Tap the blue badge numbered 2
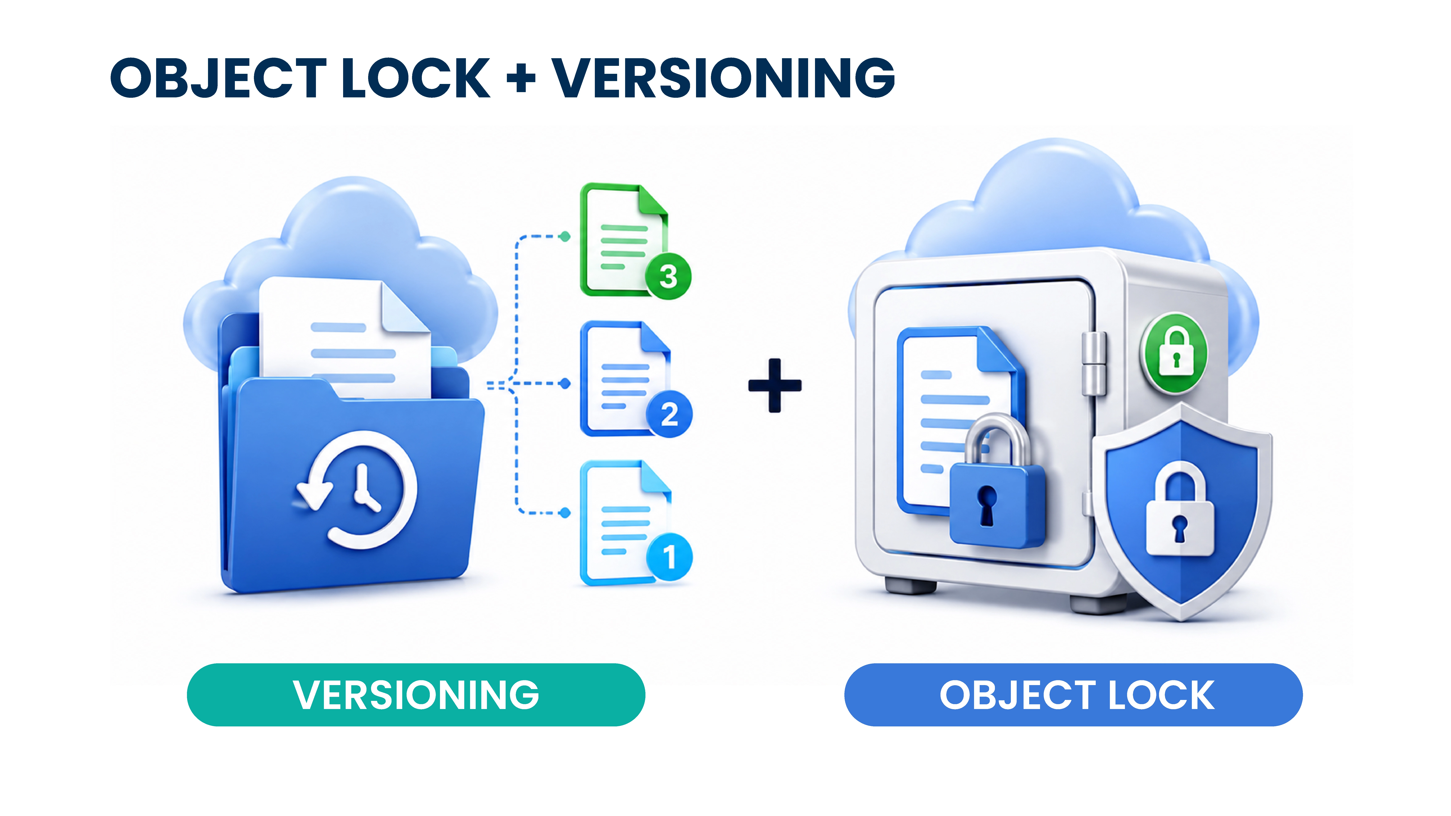coord(669,415)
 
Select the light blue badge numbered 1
coord(669,556)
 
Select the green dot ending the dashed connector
coord(564,236)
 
